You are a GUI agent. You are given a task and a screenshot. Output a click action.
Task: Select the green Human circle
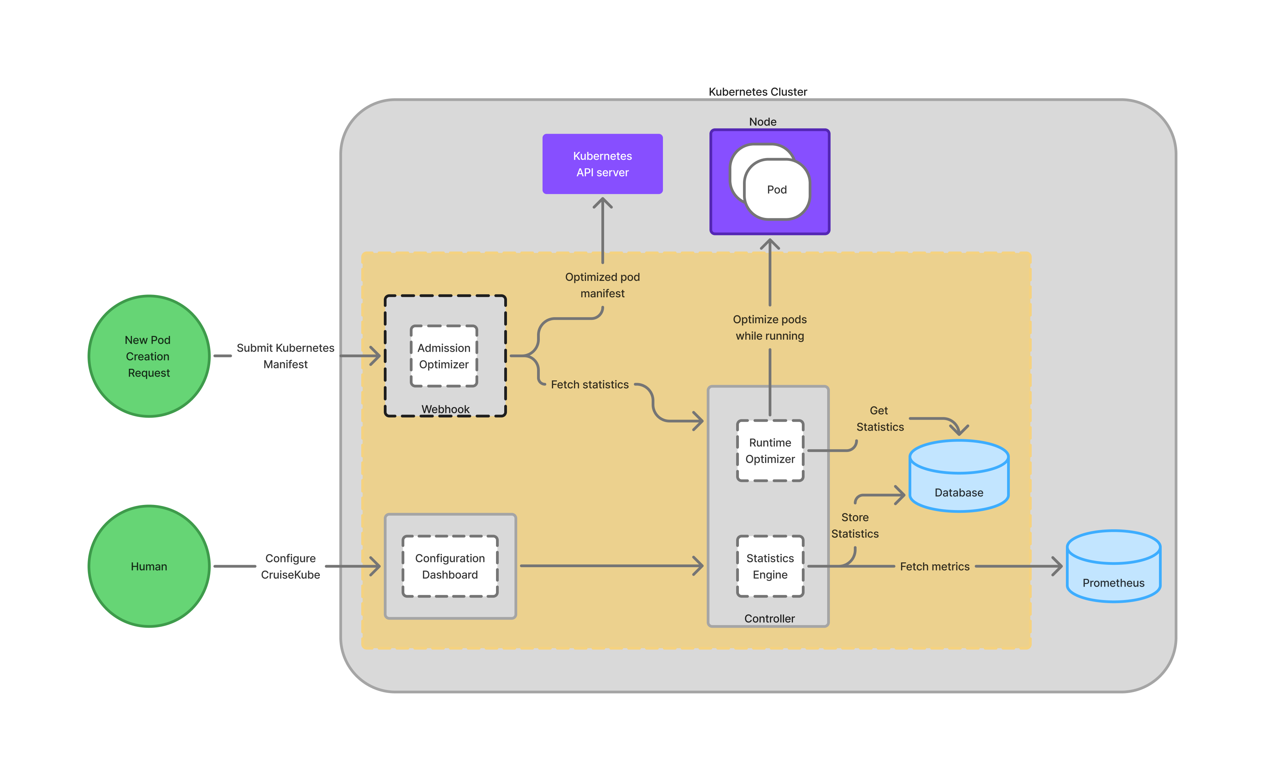coord(149,566)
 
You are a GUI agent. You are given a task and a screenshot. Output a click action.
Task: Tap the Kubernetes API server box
coord(602,164)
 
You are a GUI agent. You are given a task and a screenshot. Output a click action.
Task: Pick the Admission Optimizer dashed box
coord(444,356)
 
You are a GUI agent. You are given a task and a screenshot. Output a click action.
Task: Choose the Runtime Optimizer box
coord(770,451)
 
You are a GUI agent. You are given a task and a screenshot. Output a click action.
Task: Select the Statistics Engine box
coord(770,566)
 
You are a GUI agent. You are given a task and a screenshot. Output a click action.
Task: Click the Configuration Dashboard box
coord(450,566)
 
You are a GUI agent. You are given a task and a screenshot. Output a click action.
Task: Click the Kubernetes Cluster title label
coord(757,92)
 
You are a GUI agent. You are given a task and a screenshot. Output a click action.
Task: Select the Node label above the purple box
coord(762,122)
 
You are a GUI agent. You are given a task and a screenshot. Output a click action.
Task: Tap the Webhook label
coord(445,409)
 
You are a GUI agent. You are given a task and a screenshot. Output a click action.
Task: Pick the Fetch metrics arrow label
coord(935,567)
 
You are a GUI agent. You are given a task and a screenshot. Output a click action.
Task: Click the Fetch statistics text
coord(589,385)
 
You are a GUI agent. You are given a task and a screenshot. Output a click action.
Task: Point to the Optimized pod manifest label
coord(602,285)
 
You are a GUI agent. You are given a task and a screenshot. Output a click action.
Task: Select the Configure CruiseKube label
coord(290,566)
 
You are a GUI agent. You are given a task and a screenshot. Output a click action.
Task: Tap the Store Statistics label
coord(855,525)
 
